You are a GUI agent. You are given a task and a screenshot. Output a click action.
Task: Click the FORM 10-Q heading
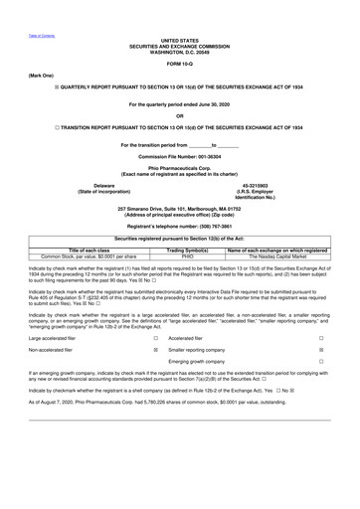click(x=180, y=64)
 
